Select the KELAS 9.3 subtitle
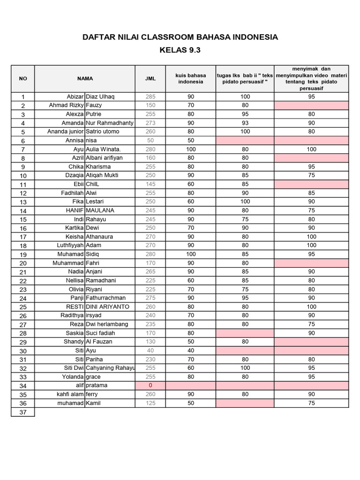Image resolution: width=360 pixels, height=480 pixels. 180,51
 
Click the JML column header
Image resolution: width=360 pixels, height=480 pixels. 150,78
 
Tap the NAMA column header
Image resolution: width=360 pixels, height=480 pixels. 85,78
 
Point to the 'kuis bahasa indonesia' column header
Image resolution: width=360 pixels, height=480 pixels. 191,78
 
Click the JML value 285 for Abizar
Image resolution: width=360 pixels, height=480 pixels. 150,97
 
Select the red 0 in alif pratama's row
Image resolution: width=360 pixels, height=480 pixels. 150,385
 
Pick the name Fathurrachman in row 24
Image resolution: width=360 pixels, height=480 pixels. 106,298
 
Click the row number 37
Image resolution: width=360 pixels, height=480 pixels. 22,412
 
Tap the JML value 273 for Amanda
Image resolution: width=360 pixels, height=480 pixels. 150,123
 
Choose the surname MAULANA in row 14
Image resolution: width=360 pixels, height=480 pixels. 100,210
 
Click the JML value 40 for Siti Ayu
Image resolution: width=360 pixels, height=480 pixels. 150,350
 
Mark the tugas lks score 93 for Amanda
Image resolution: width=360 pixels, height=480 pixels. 245,123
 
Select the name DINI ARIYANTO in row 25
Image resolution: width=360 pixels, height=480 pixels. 107,307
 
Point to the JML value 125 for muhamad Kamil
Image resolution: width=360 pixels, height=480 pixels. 150,403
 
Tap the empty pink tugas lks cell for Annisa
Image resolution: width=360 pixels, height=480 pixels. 245,140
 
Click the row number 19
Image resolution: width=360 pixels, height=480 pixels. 22,255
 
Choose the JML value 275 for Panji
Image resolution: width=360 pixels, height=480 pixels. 150,298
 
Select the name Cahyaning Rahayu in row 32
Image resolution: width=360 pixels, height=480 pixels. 110,368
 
